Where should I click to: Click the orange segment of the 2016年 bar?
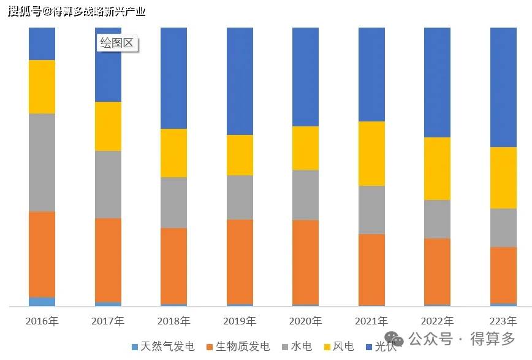(42, 255)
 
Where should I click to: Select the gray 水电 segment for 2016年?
(42, 163)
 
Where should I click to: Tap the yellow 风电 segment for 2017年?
(108, 126)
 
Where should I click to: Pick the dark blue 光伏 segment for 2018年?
(173, 78)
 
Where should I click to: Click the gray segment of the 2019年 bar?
(240, 197)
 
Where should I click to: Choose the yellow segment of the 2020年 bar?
(305, 148)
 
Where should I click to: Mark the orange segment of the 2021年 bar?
(371, 269)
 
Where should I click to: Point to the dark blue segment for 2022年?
(437, 82)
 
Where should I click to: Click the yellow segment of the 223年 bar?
(503, 178)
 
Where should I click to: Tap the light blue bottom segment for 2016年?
(42, 301)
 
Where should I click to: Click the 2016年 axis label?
(42, 321)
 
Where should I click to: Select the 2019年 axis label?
(240, 321)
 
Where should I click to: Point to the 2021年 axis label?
(371, 321)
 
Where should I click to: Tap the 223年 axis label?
(503, 321)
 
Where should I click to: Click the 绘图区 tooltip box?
(118, 44)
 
